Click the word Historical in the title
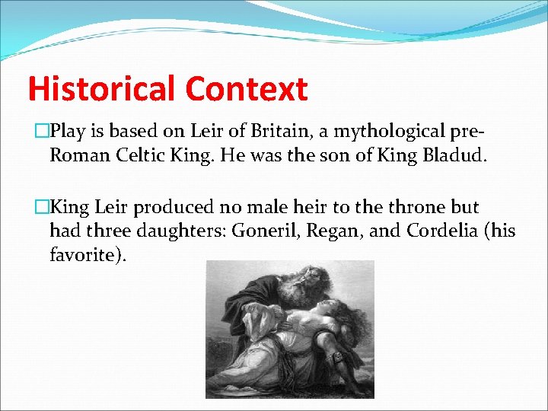point(102,89)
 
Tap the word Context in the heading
point(246,89)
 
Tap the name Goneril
point(269,230)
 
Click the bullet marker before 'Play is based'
point(43,132)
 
